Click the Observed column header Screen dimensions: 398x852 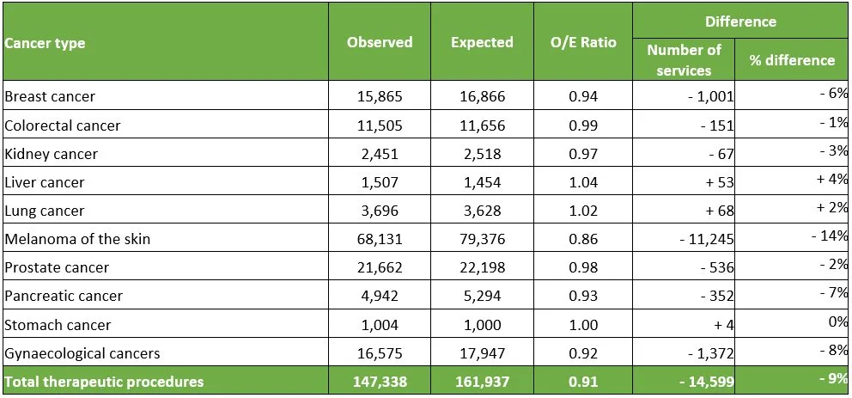pos(380,42)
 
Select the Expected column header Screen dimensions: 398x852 pos(482,42)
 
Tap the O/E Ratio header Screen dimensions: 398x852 pos(583,42)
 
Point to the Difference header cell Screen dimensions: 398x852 pos(739,21)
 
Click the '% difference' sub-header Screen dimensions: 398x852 pos(791,60)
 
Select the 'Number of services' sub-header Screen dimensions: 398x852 pos(684,60)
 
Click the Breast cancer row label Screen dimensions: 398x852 pos(50,96)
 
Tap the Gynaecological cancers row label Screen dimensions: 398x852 pos(82,353)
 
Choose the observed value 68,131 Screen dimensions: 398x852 pos(380,239)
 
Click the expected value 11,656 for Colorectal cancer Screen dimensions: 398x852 pos(482,126)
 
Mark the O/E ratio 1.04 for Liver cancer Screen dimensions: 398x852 pos(583,182)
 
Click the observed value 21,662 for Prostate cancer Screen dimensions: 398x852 pos(380,267)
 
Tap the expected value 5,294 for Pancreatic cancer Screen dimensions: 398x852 pos(482,296)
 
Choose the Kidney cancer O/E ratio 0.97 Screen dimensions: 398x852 pos(583,154)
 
